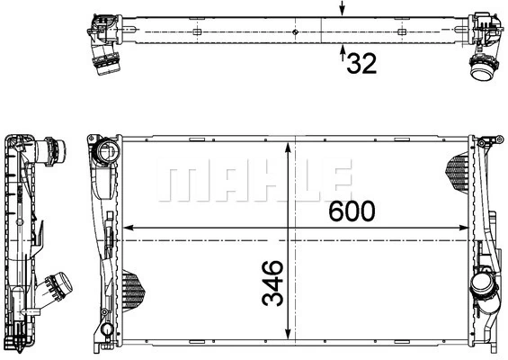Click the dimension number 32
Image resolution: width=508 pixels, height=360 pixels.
361,63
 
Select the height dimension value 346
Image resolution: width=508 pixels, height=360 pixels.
273,282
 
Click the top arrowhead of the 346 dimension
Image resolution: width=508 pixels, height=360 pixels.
288,146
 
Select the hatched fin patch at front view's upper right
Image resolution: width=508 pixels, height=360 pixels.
458,166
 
